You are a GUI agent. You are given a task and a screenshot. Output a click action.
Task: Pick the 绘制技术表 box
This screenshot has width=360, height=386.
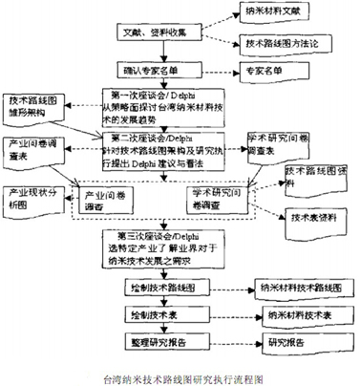[x=155, y=313]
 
